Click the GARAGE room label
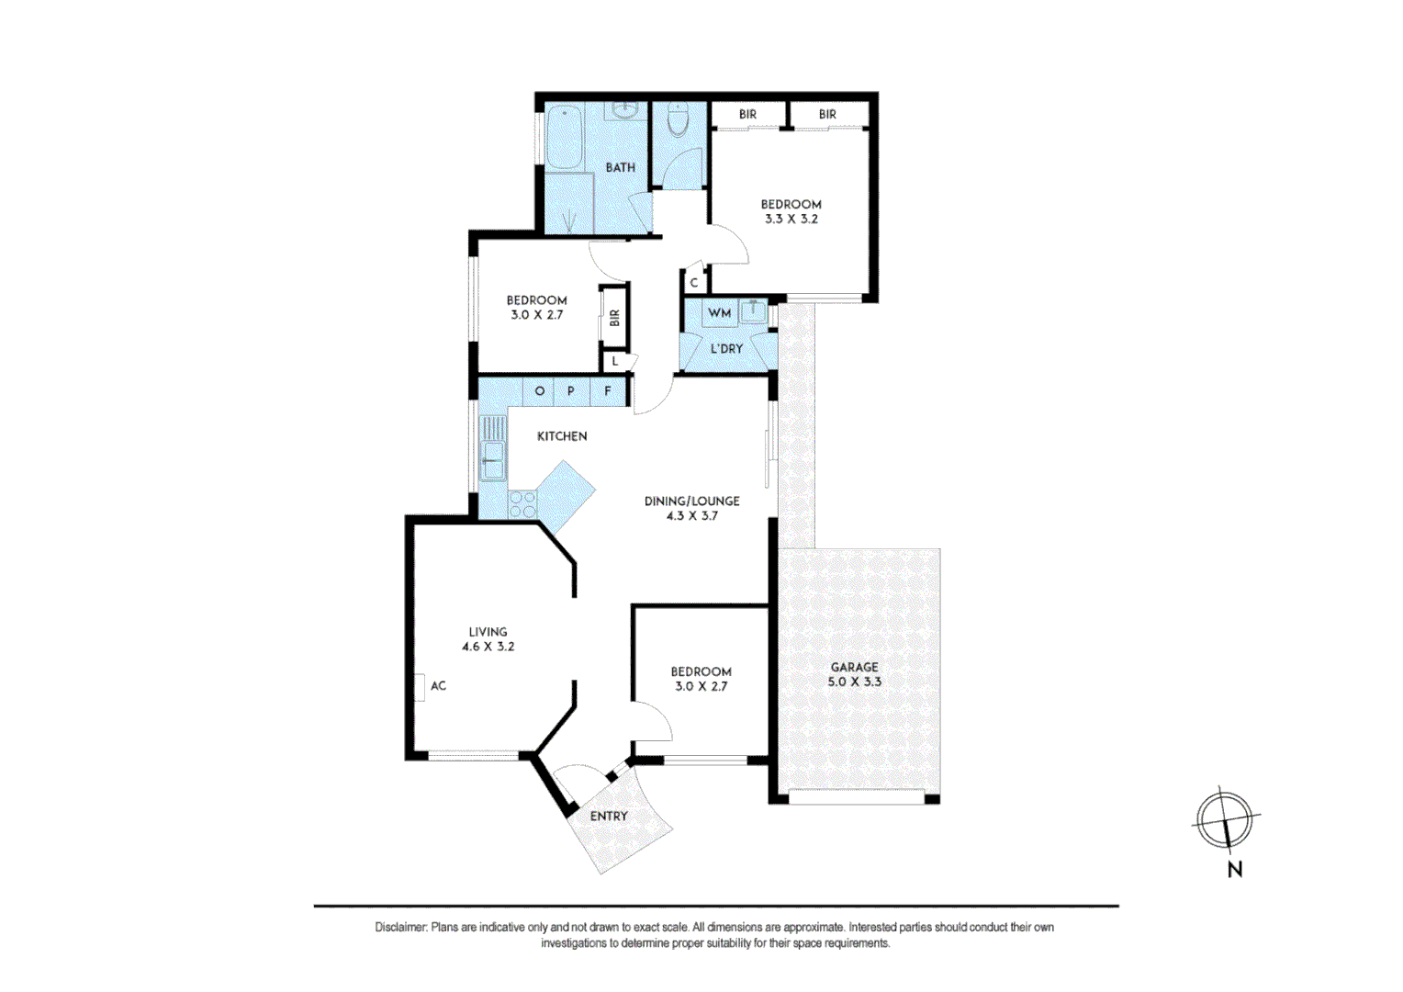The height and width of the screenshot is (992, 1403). pos(854,667)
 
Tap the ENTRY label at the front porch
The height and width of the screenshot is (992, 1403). pos(609,816)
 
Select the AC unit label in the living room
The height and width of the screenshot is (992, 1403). pos(438,685)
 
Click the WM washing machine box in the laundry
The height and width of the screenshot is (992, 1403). pos(719,313)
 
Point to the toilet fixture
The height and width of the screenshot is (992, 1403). pos(678,120)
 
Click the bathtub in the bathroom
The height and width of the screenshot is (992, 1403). pos(563,138)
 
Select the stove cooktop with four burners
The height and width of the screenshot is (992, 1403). pos(522,504)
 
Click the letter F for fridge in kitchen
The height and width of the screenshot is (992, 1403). pos(608,391)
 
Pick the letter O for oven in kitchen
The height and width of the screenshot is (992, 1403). pos(539,391)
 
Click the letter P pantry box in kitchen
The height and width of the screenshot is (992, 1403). pos(571,391)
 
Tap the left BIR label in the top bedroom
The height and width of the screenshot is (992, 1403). pos(747,115)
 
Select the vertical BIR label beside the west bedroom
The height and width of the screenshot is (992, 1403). pos(614,318)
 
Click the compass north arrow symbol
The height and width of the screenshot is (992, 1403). pos(1225,820)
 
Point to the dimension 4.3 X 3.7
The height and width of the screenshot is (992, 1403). pos(691,516)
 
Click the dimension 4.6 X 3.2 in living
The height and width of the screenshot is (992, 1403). pos(488,647)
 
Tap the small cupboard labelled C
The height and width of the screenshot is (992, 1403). pos(694,283)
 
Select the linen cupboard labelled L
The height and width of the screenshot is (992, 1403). pos(615,362)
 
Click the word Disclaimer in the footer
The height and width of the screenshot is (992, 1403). pos(401,928)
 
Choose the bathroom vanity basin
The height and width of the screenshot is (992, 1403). pos(625,110)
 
